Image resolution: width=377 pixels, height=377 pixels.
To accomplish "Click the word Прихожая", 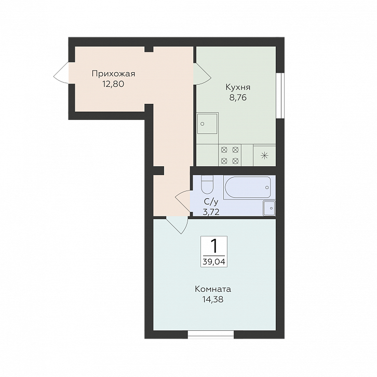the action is (x=114, y=74).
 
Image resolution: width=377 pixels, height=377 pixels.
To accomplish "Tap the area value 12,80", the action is (x=113, y=84).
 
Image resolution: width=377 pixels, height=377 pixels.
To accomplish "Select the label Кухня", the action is (x=238, y=87).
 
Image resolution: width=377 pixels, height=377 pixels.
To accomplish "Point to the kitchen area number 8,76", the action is (x=238, y=98).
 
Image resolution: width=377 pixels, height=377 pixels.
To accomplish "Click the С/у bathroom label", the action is (x=211, y=201).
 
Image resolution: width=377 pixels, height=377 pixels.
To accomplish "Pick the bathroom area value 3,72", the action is (x=211, y=212).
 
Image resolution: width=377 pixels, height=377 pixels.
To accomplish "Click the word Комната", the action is (x=213, y=289).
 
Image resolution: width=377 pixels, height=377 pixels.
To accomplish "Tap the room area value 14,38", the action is (x=213, y=299).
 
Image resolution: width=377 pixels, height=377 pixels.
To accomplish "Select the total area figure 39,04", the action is (x=214, y=262).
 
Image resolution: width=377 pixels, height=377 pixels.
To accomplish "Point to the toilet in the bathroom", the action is (x=207, y=185).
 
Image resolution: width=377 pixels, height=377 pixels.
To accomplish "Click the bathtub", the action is (x=248, y=187).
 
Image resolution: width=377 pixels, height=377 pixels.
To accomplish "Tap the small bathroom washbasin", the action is (x=269, y=208).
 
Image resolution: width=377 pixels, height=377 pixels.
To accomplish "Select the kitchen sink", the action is (x=208, y=124).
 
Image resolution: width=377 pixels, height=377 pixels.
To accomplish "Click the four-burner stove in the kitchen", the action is (x=230, y=155).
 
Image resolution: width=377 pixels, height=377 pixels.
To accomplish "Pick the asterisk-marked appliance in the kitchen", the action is (x=264, y=156).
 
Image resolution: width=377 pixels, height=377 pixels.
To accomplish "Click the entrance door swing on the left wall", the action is (x=61, y=73).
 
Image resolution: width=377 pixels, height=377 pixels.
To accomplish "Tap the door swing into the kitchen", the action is (x=203, y=74).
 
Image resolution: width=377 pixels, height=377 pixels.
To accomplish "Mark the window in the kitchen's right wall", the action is (x=280, y=95).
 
